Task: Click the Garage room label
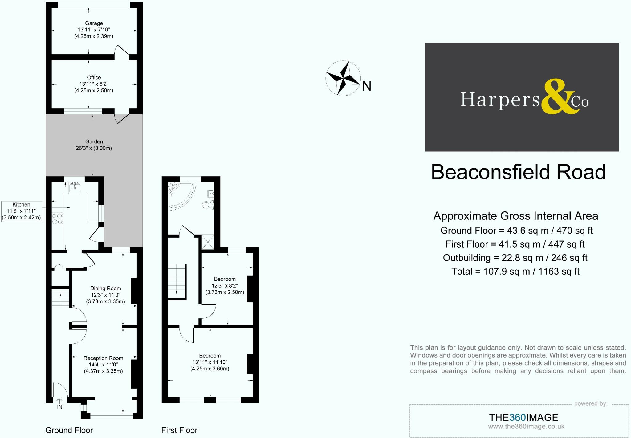[x=94, y=30]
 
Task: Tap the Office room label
[x=94, y=84]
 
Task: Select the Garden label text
[x=94, y=145]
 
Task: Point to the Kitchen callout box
[x=21, y=211]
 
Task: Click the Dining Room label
[x=105, y=295]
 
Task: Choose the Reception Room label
[x=103, y=364]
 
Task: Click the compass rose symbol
[x=343, y=78]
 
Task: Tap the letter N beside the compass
[x=367, y=87]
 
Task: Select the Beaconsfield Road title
[x=518, y=172]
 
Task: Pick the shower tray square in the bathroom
[x=207, y=242]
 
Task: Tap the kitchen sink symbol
[x=75, y=187]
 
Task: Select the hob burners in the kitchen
[x=57, y=219]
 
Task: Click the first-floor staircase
[x=177, y=281]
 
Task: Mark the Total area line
[x=515, y=272]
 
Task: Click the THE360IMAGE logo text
[x=523, y=417]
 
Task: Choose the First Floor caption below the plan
[x=179, y=430]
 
